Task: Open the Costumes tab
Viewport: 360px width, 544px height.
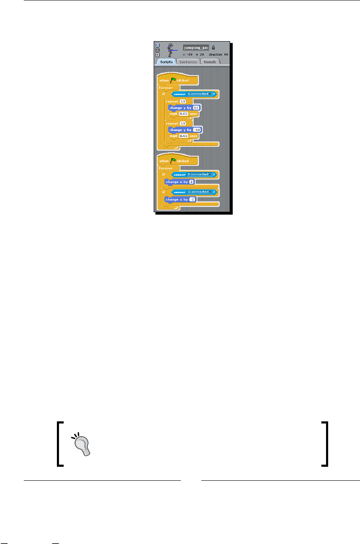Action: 188,62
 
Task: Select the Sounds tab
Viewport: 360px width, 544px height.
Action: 210,62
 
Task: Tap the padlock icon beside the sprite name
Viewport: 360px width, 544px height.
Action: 214,48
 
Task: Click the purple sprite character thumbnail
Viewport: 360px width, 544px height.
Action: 171,50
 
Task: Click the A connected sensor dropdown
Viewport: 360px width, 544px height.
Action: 199,93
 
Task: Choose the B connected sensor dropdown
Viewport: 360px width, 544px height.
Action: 199,174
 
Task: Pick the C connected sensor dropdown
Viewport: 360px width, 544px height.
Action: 199,192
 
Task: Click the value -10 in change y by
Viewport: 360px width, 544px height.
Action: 197,130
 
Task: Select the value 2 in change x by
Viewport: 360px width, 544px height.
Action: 191,182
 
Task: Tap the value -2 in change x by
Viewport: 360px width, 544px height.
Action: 192,199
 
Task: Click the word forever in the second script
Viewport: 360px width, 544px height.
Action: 166,168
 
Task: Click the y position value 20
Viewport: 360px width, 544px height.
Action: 203,55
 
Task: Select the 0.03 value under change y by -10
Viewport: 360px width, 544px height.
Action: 183,136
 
